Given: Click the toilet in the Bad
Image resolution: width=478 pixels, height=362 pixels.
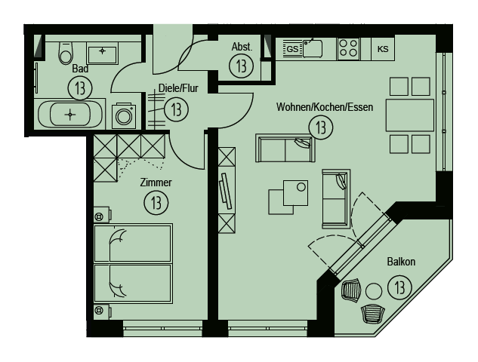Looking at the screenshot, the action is pyautogui.click(x=66, y=53).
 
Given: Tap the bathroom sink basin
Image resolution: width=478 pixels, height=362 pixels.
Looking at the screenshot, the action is pyautogui.click(x=102, y=55).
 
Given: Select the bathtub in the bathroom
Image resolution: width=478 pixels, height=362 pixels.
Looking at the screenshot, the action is pyautogui.click(x=70, y=115).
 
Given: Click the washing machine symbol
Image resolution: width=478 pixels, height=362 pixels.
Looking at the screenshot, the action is pyautogui.click(x=124, y=116).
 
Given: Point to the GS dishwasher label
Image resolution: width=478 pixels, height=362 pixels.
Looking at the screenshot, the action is pyautogui.click(x=292, y=49).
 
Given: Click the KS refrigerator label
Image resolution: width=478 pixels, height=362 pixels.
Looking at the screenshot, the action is pyautogui.click(x=383, y=49).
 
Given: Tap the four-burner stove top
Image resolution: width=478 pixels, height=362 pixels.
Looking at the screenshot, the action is pyautogui.click(x=348, y=48).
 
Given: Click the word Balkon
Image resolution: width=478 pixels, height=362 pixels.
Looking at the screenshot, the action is pyautogui.click(x=401, y=262).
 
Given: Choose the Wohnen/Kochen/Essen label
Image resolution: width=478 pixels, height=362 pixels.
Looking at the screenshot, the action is pyautogui.click(x=325, y=107).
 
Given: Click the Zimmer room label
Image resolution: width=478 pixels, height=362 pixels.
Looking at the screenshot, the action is pyautogui.click(x=156, y=183).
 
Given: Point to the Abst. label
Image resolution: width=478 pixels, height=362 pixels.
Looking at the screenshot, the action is pyautogui.click(x=242, y=47).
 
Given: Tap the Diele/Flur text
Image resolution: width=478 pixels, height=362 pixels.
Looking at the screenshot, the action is pyautogui.click(x=178, y=88).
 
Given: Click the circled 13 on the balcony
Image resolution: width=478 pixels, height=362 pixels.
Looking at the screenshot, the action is pyautogui.click(x=399, y=287).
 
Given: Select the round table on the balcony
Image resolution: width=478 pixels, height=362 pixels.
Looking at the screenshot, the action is pyautogui.click(x=374, y=291).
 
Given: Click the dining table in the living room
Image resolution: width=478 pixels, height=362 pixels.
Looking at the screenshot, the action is pyautogui.click(x=410, y=115).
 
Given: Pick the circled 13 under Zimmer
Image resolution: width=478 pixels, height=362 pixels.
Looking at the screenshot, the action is pyautogui.click(x=156, y=203).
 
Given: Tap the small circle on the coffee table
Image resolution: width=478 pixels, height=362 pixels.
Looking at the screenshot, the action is pyautogui.click(x=301, y=186).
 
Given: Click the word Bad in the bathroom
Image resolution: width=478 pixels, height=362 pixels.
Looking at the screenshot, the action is pyautogui.click(x=80, y=69).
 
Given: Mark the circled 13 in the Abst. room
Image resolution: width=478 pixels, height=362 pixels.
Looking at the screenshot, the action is pyautogui.click(x=241, y=66).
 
